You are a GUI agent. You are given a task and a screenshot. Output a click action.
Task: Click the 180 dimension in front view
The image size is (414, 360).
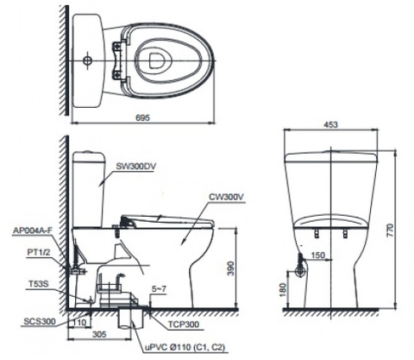coord(282,291)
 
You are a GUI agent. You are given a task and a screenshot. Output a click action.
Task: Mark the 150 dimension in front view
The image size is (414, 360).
coord(317,256)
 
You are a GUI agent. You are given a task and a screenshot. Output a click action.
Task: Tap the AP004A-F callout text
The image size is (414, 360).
coord(33,231)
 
